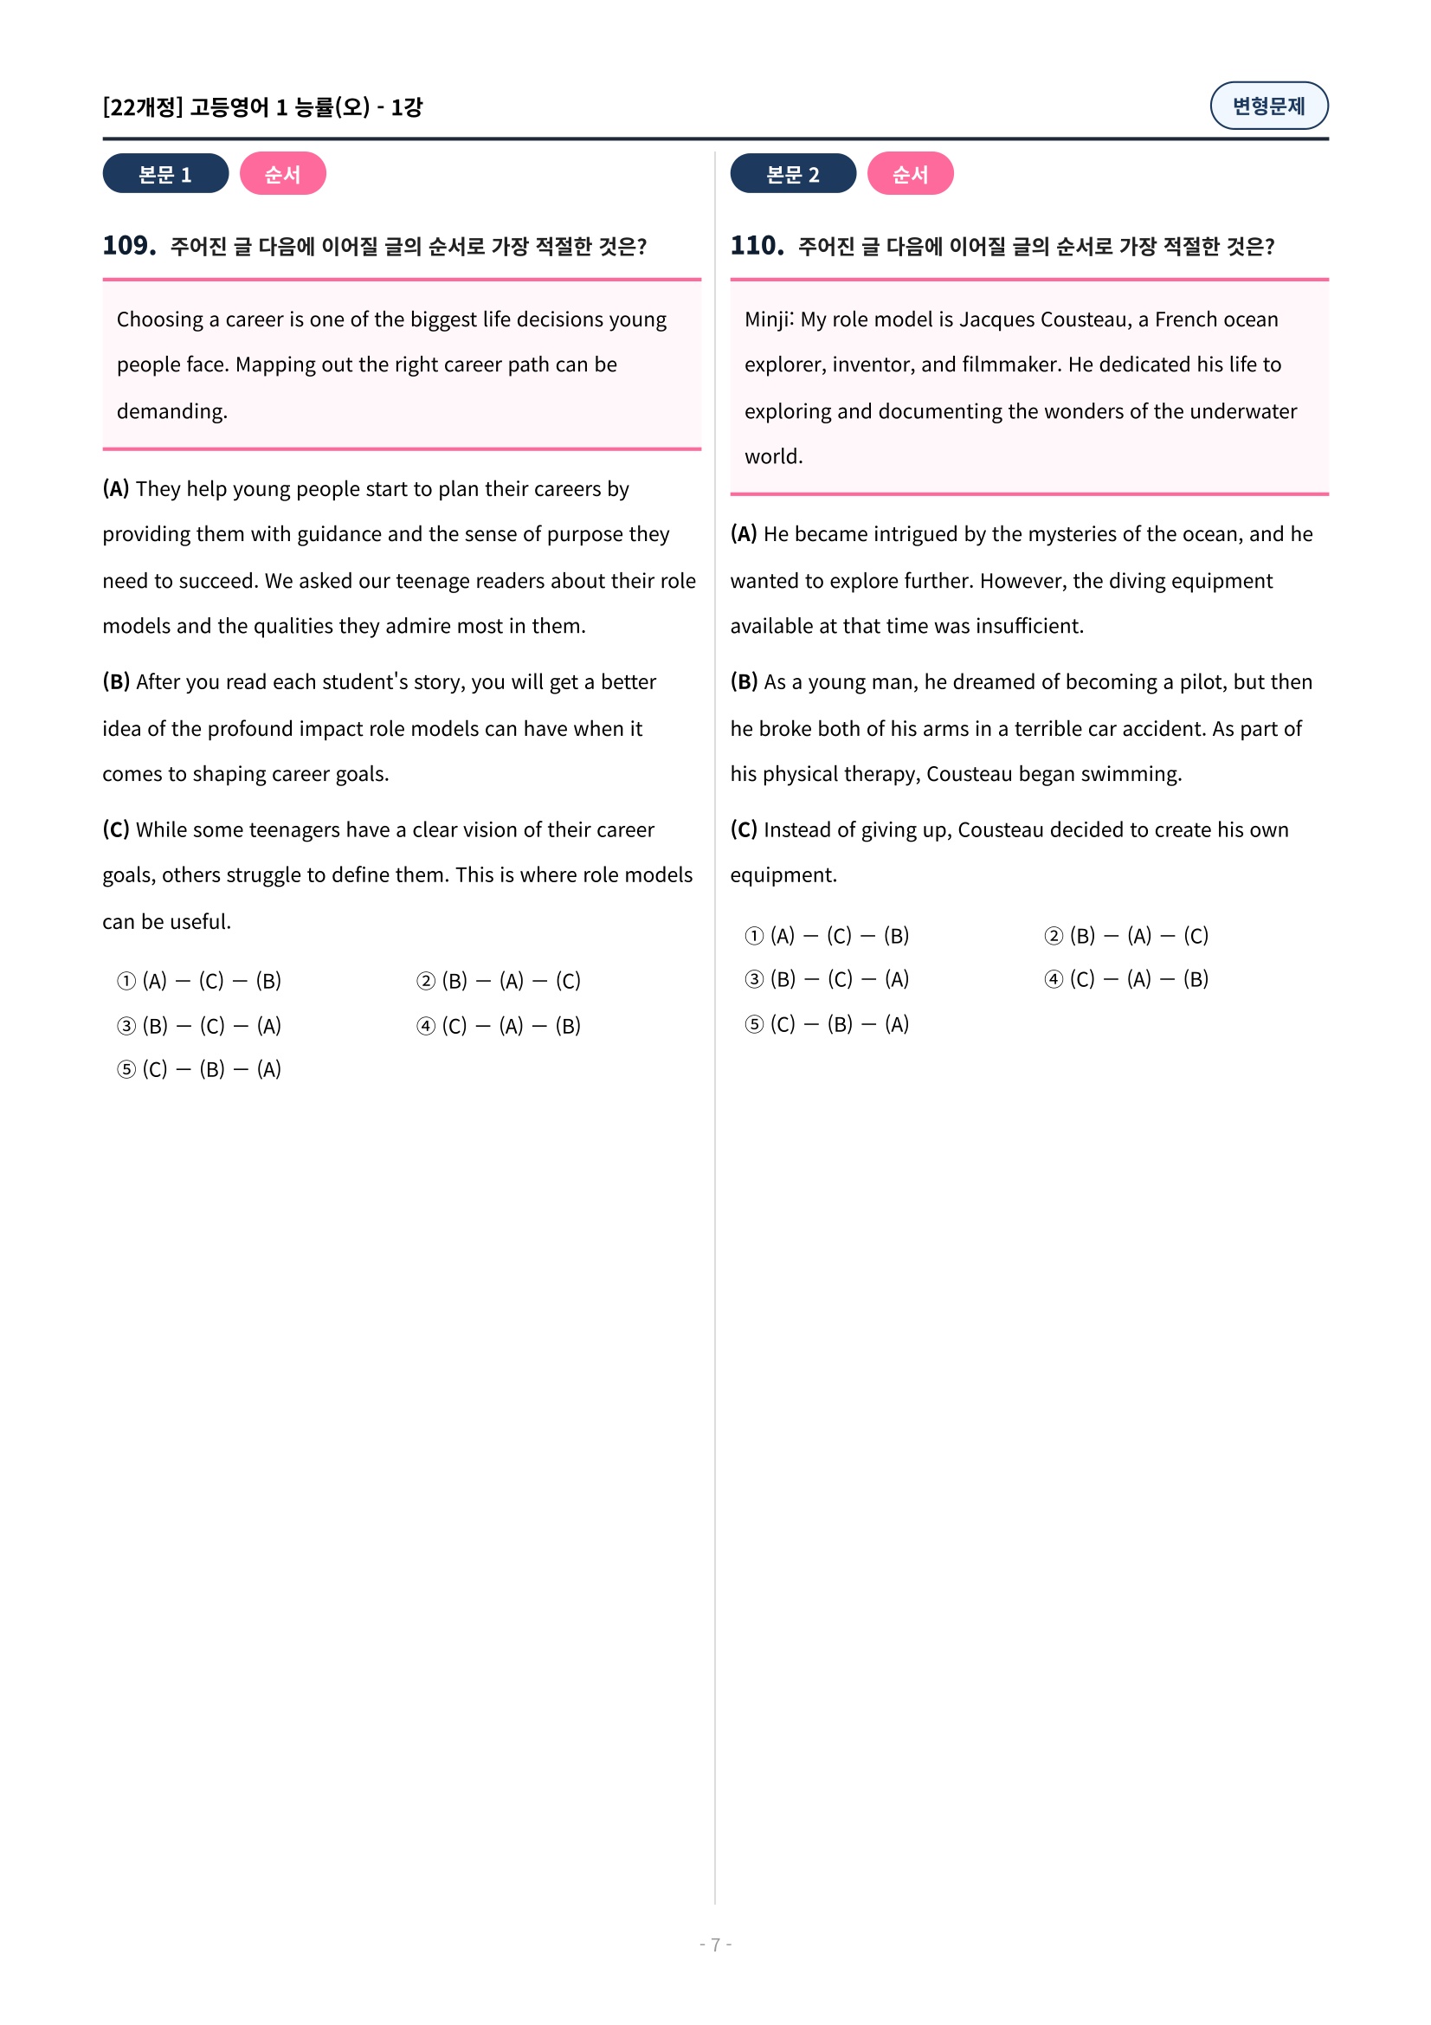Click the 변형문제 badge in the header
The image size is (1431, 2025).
(x=1268, y=106)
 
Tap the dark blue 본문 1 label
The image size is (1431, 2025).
(x=164, y=174)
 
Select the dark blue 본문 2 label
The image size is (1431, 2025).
(x=792, y=174)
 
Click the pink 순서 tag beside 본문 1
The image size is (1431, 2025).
(x=282, y=174)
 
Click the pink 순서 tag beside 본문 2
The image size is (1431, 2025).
(x=909, y=174)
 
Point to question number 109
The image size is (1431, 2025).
(x=129, y=245)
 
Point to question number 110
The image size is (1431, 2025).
(x=757, y=245)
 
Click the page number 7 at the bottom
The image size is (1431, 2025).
(x=715, y=1944)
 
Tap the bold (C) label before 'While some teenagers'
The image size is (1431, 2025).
(x=115, y=830)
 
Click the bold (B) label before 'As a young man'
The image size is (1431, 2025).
(x=744, y=681)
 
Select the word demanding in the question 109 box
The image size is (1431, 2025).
(x=171, y=411)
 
